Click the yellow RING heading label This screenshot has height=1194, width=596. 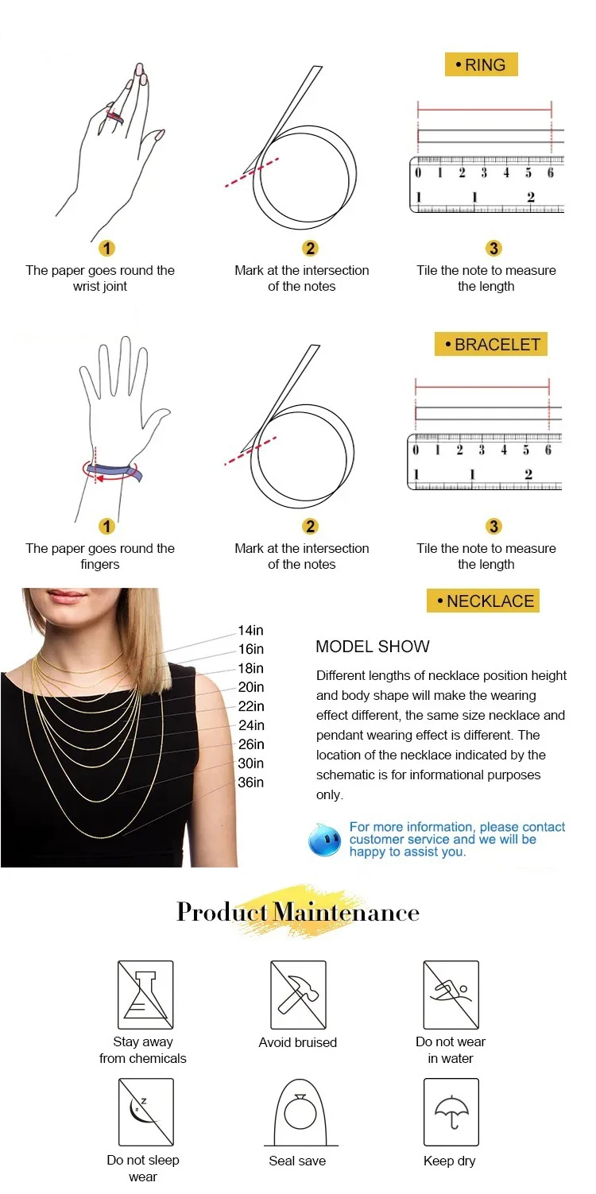point(482,64)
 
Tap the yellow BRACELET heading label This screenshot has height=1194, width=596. point(491,344)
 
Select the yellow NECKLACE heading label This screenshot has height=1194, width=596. point(483,601)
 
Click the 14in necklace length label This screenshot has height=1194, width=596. point(250,630)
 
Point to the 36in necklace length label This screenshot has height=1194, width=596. point(250,782)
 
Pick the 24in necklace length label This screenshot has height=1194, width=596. point(250,725)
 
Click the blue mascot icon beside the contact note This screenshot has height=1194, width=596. point(325,840)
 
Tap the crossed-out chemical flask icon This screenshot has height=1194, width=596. point(145,995)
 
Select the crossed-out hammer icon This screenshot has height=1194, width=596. point(299,995)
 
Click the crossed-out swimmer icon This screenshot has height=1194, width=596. point(451,995)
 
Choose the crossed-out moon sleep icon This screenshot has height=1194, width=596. point(145,1112)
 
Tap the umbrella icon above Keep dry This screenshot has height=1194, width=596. point(451,1112)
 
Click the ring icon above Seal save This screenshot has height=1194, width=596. point(300,1113)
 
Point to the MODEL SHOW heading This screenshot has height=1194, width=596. point(373,647)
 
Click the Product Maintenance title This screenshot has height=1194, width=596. point(298,912)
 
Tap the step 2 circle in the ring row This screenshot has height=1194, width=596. point(310,248)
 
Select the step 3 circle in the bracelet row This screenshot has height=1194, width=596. point(493,526)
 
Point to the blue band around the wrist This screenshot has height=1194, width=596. point(114,471)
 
